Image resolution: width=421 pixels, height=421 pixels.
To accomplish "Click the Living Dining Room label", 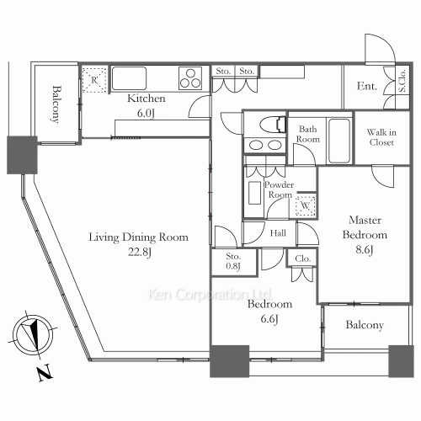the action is coord(138,237).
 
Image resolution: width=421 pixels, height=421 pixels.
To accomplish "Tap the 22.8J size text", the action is coord(140,252).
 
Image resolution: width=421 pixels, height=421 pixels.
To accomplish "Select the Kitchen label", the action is coord(147,99).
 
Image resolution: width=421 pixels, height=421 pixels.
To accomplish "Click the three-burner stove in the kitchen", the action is coord(190,78).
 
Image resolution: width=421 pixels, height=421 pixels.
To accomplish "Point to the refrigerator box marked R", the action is coord(94,80).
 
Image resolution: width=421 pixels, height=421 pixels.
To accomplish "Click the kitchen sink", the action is coord(129,78).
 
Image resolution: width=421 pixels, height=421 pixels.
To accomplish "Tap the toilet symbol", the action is coord(273,124).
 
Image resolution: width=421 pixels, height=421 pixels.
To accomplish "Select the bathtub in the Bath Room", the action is coord(339,141).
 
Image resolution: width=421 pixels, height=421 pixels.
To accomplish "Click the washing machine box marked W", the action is coord(305,205).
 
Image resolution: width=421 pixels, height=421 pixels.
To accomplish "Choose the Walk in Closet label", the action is coord(381,137).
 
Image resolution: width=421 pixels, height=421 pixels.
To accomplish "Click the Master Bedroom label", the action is coord(365,227).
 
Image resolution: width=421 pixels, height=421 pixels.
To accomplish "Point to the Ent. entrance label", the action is coord(367,86).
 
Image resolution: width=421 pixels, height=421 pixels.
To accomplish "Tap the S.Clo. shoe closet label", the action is coord(402,81).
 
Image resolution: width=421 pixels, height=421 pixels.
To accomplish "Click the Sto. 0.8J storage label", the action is coord(233,261).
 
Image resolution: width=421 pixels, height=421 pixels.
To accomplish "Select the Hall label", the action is coord(278,233).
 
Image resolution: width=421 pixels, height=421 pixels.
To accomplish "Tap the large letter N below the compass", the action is coord(45,373).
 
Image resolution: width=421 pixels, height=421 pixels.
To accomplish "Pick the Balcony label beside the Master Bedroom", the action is coord(365,325).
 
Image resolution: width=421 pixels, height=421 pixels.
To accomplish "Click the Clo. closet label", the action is coord(302,258).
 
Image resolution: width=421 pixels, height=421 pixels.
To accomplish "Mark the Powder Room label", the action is coord(279,189).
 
